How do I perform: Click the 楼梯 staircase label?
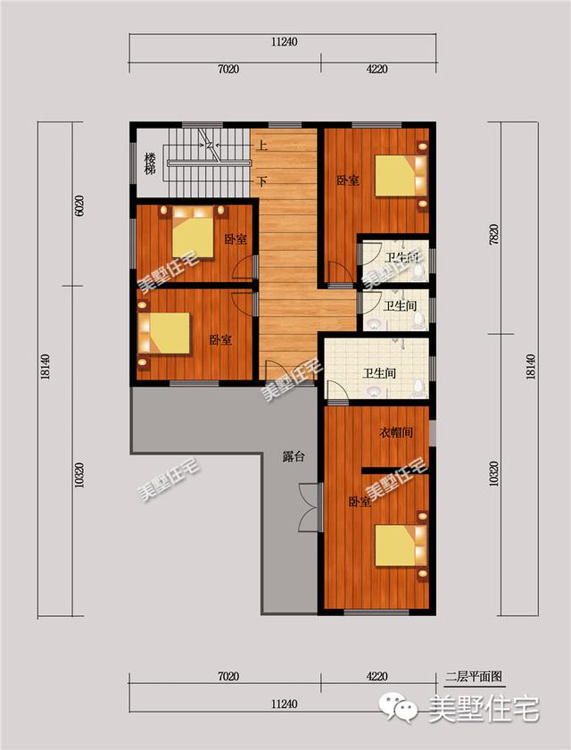tap(150, 163)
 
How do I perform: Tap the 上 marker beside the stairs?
tap(261, 144)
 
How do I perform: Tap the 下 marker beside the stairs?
tap(261, 181)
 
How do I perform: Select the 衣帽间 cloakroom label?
tap(395, 433)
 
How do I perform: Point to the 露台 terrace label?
tap(293, 457)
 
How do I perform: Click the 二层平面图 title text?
tap(473, 677)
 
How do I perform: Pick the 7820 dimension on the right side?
tap(493, 234)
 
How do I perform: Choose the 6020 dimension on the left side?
tap(79, 205)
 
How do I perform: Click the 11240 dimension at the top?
tap(284, 42)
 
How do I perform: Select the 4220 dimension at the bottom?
tap(377, 677)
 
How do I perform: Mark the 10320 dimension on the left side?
tap(79, 475)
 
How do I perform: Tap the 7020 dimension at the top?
tap(228, 70)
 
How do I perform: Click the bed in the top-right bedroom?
tap(401, 175)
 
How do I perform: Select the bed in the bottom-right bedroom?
tap(401, 546)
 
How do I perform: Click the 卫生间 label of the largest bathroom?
tap(379, 373)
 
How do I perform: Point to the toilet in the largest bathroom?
tap(419, 387)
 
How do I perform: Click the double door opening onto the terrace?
tap(311, 507)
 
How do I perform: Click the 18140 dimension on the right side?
tap(530, 366)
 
